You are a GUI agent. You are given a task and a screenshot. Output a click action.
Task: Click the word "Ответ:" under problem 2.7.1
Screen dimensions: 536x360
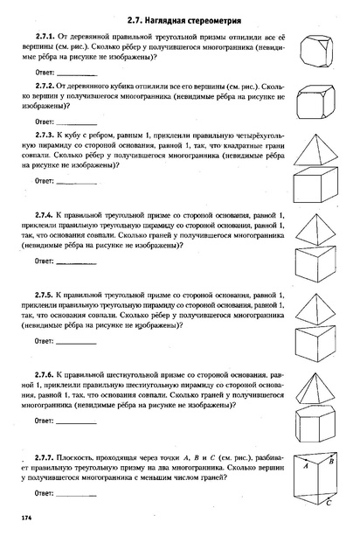coord(47,71)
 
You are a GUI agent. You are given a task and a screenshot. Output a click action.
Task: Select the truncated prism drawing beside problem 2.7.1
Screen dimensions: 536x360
coord(319,50)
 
